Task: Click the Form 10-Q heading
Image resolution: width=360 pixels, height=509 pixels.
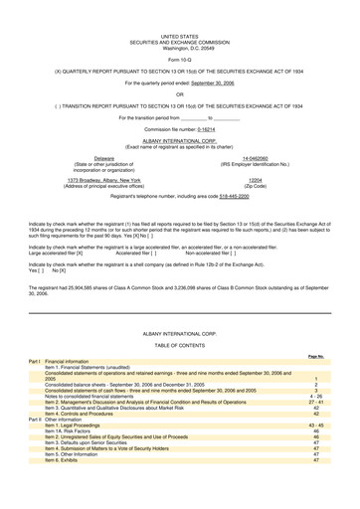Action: point(179,34)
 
